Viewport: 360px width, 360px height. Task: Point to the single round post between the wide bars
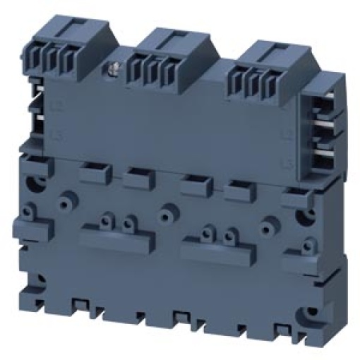[x=167, y=210]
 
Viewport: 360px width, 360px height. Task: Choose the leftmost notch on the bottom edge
[x=79, y=306]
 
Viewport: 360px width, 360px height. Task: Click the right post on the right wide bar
[x=229, y=232]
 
